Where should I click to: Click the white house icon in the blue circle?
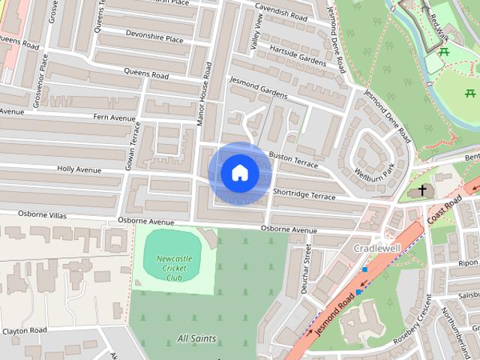(x=240, y=172)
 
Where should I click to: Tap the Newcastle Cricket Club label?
(x=174, y=268)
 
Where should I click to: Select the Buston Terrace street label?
(x=293, y=160)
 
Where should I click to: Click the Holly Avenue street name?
(x=79, y=169)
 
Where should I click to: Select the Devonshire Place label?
(x=155, y=39)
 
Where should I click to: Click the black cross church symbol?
(x=424, y=190)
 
